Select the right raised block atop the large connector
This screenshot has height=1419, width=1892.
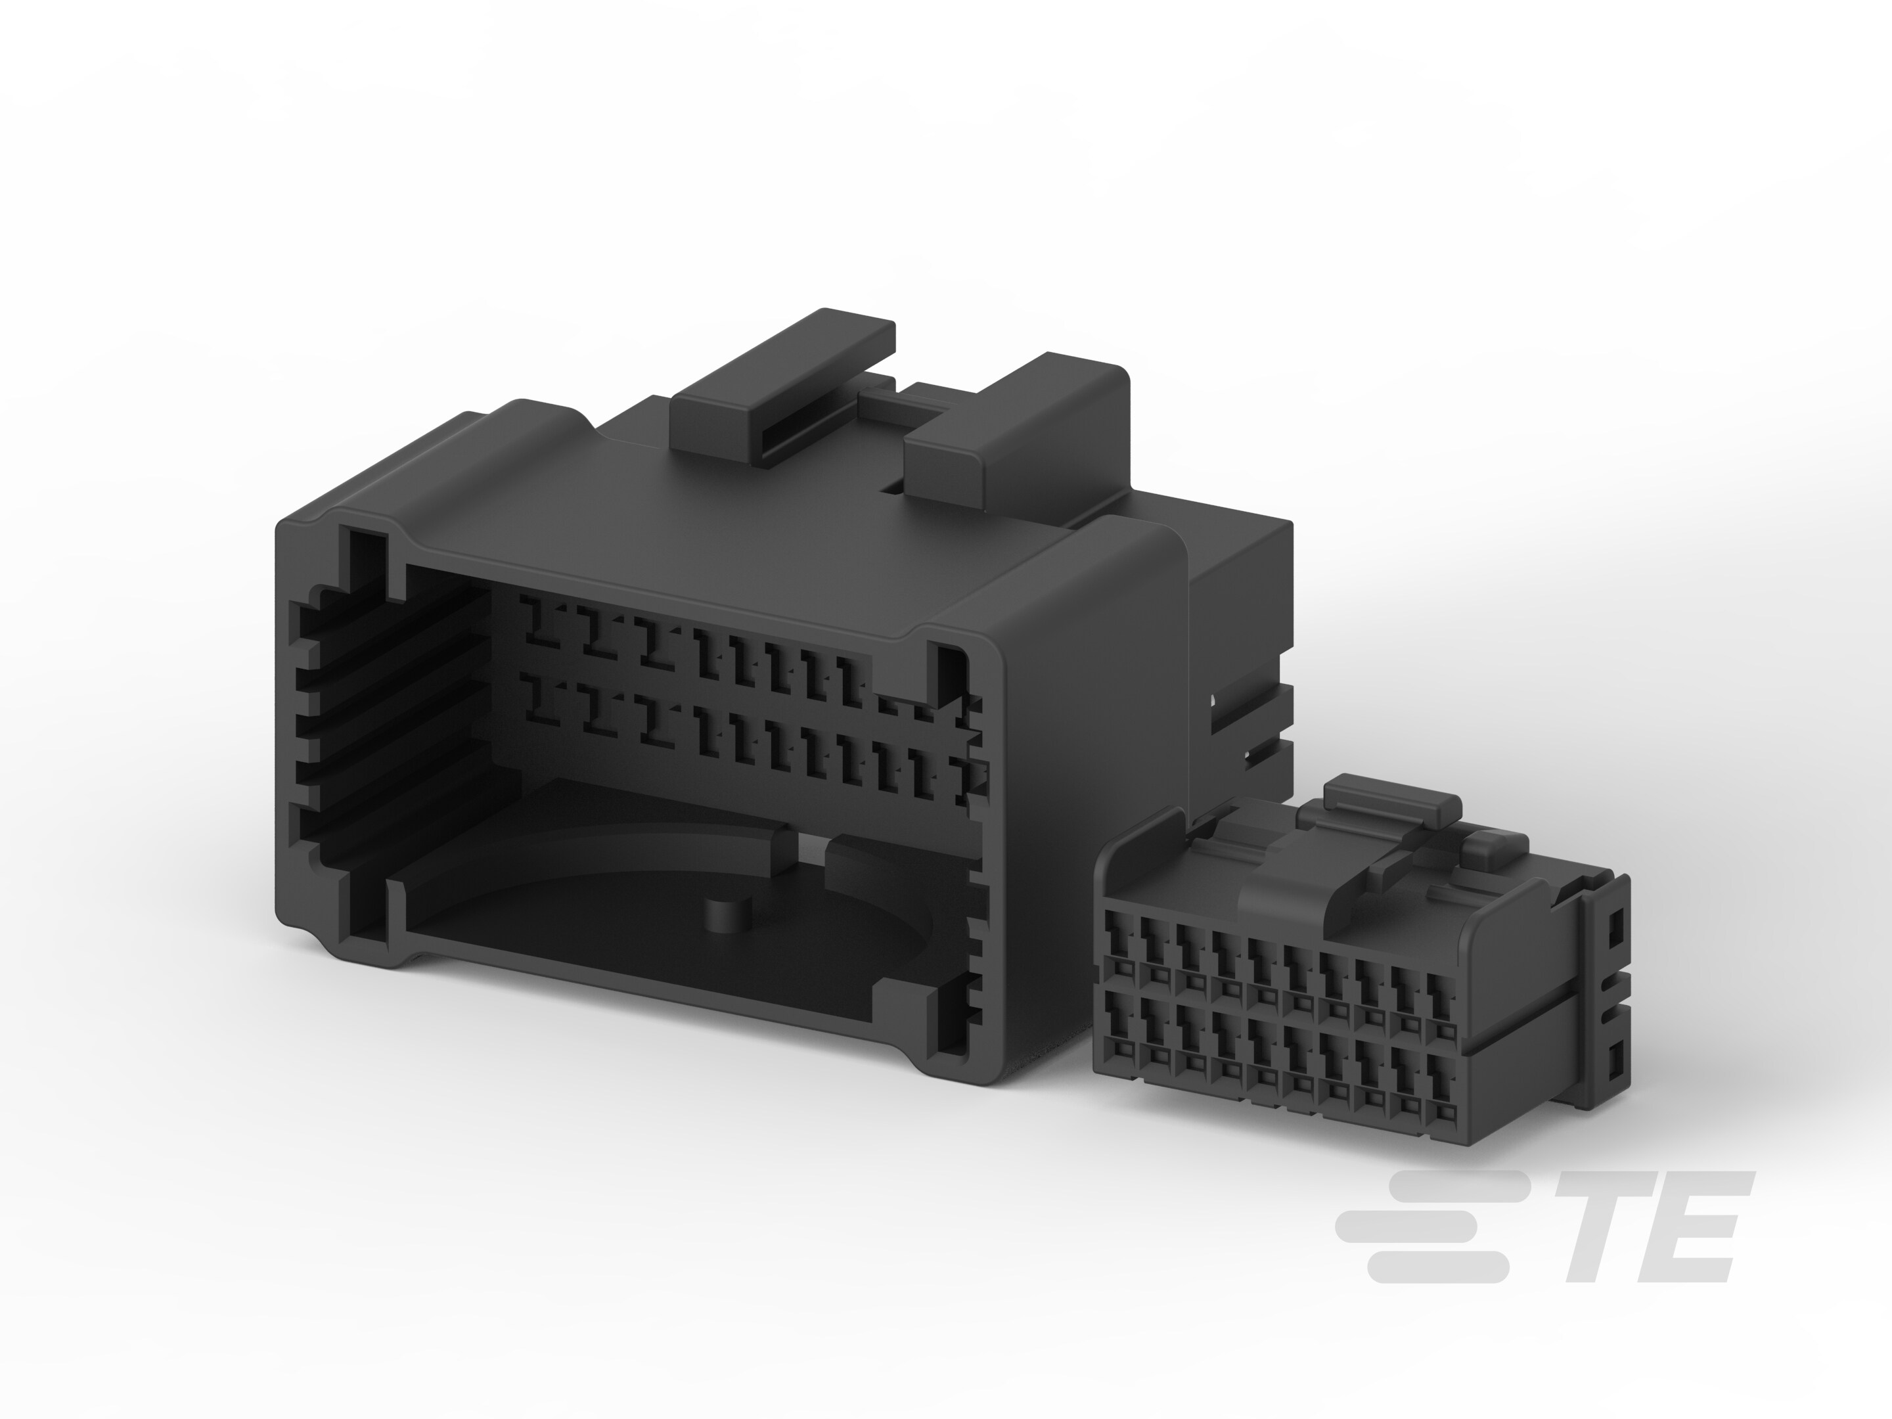tap(1018, 428)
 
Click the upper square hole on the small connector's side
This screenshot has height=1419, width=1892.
tap(1615, 928)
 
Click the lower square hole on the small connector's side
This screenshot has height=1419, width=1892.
tap(1615, 1060)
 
